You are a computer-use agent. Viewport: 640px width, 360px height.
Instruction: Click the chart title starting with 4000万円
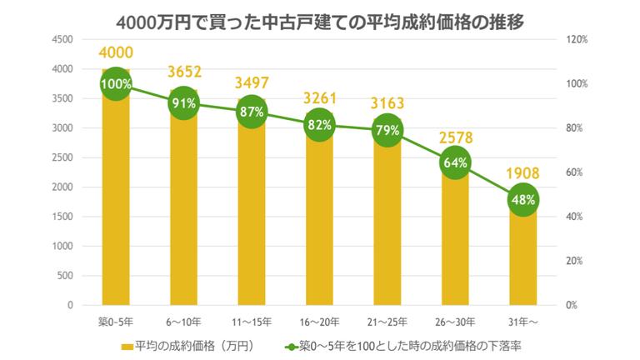pyautogui.click(x=321, y=19)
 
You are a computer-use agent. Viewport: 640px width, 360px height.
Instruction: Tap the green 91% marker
pyautogui.click(x=183, y=103)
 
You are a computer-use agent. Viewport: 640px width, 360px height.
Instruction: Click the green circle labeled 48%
pyautogui.click(x=523, y=199)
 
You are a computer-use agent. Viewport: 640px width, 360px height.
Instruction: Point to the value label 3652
pyautogui.click(x=183, y=71)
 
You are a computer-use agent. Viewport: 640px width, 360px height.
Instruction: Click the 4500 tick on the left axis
pyautogui.click(x=62, y=39)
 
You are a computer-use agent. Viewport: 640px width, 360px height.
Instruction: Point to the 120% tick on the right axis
pyautogui.click(x=578, y=39)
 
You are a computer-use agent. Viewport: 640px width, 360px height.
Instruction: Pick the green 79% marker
pyautogui.click(x=387, y=131)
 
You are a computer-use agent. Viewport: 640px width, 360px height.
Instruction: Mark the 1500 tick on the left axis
pyautogui.click(x=62, y=217)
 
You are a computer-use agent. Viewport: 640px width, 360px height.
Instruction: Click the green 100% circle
pyautogui.click(x=116, y=83)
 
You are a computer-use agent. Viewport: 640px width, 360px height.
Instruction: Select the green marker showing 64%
pyautogui.click(x=455, y=163)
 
